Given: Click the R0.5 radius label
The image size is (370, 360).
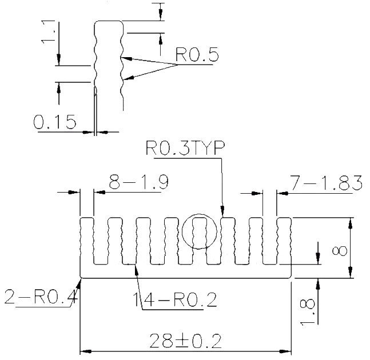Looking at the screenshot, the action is pos(197,55).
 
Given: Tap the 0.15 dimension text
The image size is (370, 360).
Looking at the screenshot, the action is pos(55,122).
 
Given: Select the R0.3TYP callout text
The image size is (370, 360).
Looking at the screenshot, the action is pos(185,148).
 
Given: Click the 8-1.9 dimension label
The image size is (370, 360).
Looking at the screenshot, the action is pos(139,182).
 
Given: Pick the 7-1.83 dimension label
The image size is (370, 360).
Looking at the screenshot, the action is pos(326,182).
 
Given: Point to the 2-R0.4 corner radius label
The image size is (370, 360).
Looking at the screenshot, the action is pos(41,297).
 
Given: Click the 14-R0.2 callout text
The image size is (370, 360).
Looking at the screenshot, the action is pos(175,299).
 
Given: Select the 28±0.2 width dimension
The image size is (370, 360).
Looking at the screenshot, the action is pos(185,341).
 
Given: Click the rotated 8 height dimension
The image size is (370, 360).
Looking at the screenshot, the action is pos(339,251).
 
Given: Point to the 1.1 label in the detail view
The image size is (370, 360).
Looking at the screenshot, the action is pos(48,33).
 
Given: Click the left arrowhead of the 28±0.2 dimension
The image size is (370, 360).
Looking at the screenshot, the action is pos(86,351).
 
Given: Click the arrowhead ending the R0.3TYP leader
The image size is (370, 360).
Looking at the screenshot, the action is pos(222,211).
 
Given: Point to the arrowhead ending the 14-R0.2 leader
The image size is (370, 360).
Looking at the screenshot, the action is pos(136,270).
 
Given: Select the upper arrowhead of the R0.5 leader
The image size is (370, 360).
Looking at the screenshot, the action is pos(126,58).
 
